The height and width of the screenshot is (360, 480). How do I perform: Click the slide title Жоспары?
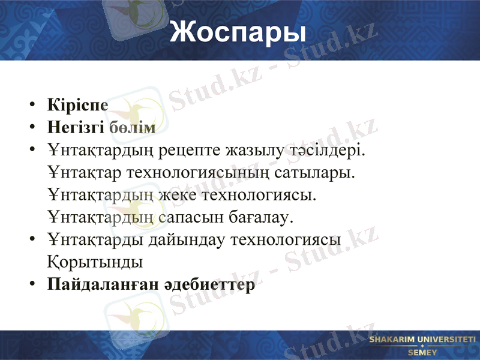tap(238, 32)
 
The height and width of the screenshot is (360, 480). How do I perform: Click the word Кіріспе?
tap(78, 105)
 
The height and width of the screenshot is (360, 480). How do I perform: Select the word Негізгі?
tap(76, 127)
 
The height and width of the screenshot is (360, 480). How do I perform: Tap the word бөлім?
tap(132, 127)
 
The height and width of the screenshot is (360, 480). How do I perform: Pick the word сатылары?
tap(317, 172)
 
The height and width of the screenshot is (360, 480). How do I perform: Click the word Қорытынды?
tap(95, 262)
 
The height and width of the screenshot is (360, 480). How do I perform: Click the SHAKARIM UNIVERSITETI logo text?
tap(422, 340)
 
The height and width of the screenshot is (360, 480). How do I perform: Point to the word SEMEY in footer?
tap(422, 352)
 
